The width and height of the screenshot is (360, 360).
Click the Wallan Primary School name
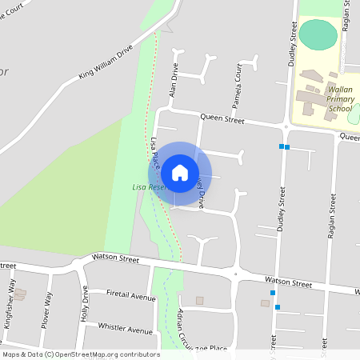tap(328, 99)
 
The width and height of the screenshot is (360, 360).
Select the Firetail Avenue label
tap(130, 295)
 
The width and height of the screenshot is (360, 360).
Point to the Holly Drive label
tap(84, 303)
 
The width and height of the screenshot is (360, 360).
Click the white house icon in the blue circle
tap(180, 172)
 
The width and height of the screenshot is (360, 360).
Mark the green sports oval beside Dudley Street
tap(319, 34)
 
